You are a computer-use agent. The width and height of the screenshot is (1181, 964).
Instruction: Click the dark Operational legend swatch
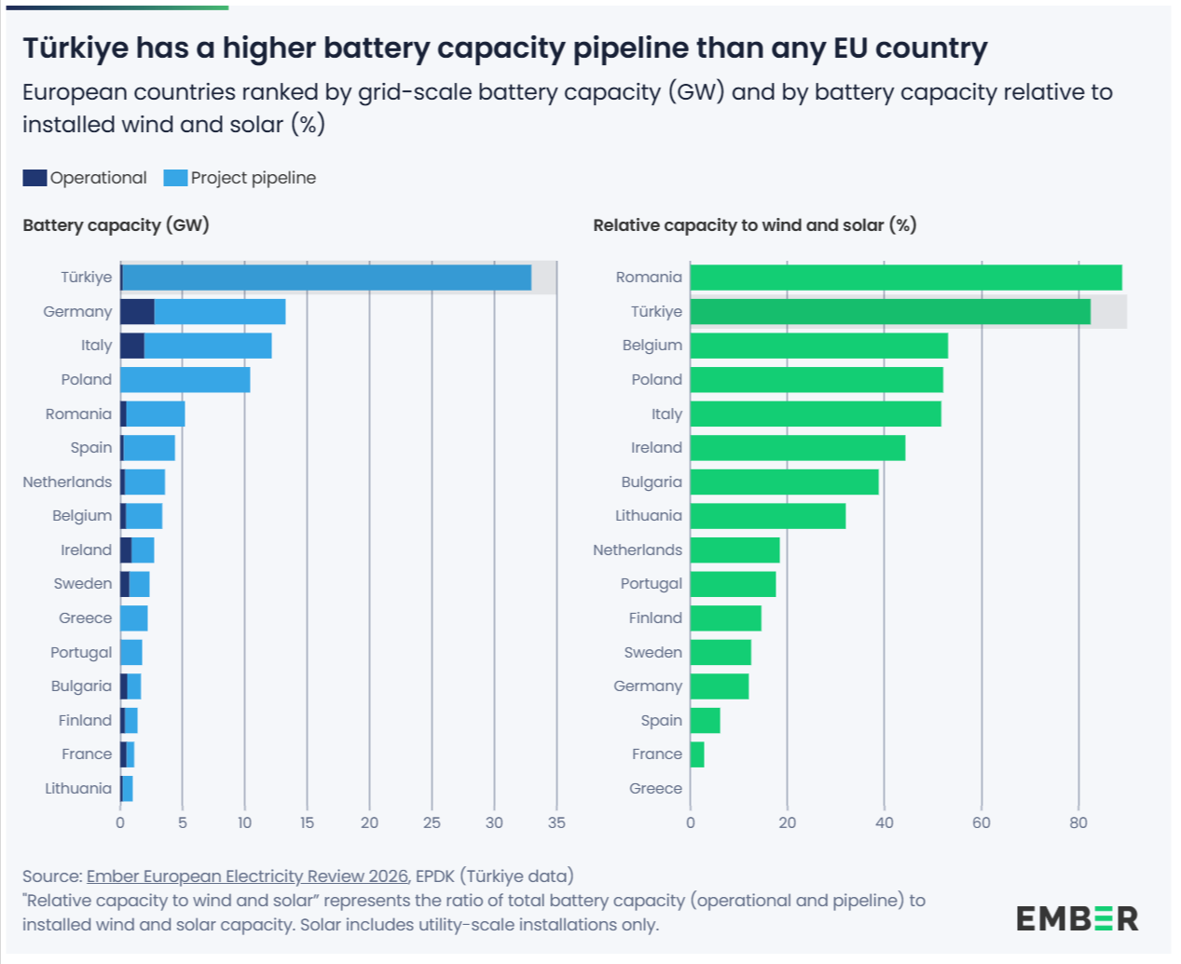coord(34,178)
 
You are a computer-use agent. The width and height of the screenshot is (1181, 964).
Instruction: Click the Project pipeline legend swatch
coord(175,178)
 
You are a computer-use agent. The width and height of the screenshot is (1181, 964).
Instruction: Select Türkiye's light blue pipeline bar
coord(326,278)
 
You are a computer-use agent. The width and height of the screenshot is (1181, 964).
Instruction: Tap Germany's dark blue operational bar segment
coord(137,312)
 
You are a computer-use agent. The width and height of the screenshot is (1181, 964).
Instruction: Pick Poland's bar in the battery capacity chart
coord(185,380)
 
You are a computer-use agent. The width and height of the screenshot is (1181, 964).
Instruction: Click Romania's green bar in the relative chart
coord(905,278)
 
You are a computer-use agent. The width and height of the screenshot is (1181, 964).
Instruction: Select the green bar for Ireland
coord(797,448)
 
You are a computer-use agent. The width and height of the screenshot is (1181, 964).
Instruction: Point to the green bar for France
coord(697,754)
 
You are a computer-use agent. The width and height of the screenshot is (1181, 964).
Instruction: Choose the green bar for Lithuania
coord(767,516)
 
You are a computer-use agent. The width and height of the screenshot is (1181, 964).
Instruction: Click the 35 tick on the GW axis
coord(556,822)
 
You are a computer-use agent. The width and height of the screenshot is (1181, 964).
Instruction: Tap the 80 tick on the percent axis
coord(1078,822)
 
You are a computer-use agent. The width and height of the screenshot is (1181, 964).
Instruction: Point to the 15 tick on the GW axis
coord(307,822)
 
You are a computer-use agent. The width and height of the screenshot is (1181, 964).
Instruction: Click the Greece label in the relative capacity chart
coord(655,789)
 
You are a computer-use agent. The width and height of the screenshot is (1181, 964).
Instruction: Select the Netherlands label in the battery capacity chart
coord(67,482)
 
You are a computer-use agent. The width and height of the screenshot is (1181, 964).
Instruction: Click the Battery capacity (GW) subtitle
coord(116,225)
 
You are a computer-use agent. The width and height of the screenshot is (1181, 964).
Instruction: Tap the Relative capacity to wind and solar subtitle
coord(754,225)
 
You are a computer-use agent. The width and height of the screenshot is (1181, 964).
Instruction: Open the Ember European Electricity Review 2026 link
coord(247,876)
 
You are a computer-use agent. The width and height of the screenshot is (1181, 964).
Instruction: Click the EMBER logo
coord(1077,918)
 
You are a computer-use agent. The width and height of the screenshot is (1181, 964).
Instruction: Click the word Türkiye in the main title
coord(76,48)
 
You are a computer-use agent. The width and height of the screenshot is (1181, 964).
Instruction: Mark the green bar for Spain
coord(705,721)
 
